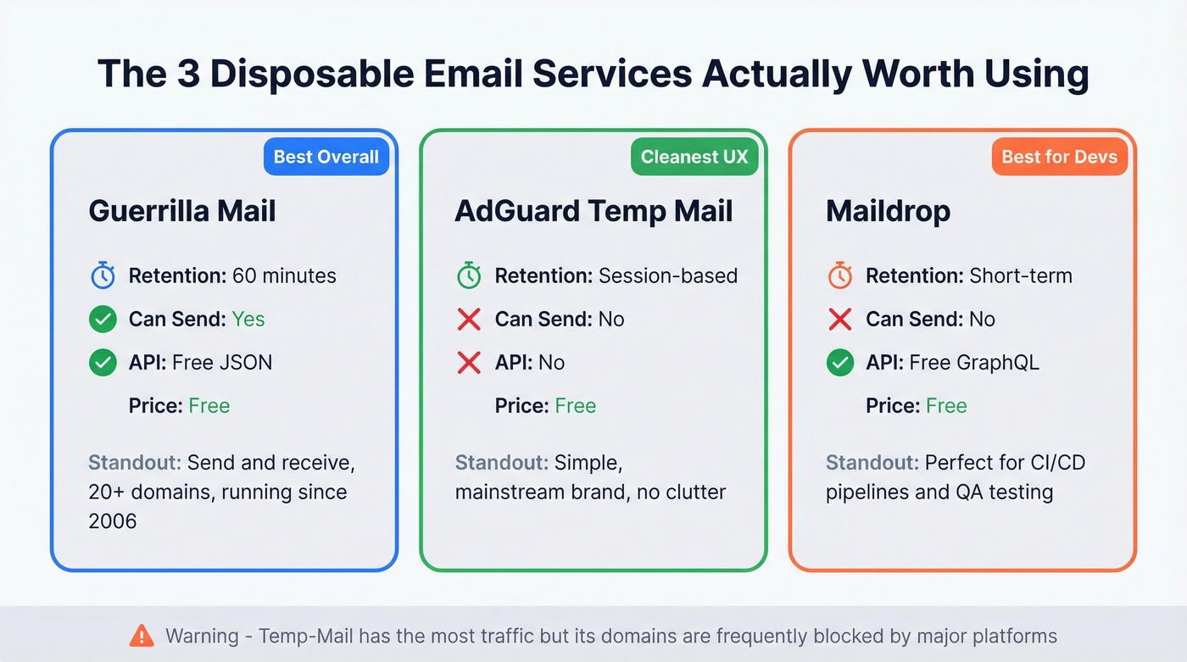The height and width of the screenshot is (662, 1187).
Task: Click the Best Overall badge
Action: click(326, 157)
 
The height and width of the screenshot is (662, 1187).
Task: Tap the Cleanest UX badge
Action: click(694, 157)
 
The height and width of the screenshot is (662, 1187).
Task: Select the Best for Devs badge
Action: click(1059, 157)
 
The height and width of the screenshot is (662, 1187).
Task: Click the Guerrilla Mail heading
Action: click(182, 211)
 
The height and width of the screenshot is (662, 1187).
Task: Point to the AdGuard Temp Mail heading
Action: click(593, 211)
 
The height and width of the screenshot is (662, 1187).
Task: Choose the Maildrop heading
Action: click(888, 211)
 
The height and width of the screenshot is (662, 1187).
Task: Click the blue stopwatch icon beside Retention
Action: click(103, 275)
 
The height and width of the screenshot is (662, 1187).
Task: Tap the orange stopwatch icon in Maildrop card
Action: click(839, 275)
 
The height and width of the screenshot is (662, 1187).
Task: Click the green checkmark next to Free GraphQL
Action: click(839, 363)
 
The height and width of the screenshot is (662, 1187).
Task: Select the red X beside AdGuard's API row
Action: click(469, 363)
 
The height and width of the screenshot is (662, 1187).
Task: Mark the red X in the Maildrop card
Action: click(839, 320)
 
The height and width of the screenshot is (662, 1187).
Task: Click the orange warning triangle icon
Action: click(142, 635)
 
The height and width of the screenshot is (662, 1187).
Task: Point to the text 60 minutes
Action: click(283, 275)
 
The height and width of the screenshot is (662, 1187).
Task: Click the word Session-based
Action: click(667, 275)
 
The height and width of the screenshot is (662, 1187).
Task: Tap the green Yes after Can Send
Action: click(248, 320)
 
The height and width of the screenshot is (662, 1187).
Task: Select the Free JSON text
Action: click(222, 363)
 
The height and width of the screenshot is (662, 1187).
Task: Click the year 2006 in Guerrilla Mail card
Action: click(112, 520)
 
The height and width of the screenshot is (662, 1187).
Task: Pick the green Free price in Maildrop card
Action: click(946, 406)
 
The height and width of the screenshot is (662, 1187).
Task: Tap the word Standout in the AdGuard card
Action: click(500, 463)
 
